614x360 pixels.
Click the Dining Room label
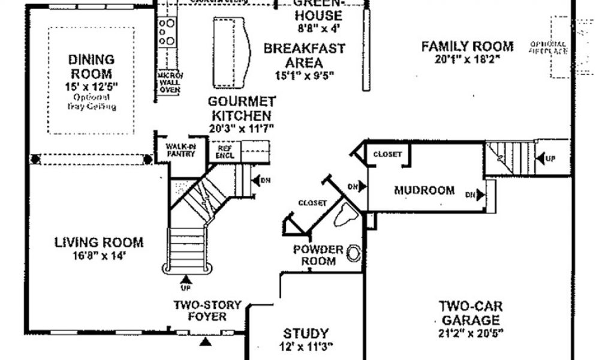point(91,67)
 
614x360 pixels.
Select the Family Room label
point(467,46)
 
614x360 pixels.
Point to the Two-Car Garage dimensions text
point(469,332)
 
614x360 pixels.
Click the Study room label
point(306,333)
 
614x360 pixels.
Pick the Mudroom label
point(424,191)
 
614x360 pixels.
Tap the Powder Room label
point(318,255)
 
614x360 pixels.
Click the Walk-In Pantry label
point(181,149)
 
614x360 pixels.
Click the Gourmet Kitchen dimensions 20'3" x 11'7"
point(242,128)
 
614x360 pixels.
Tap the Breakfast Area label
point(305,55)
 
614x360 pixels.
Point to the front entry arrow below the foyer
point(206,342)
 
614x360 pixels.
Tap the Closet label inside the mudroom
point(387,154)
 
